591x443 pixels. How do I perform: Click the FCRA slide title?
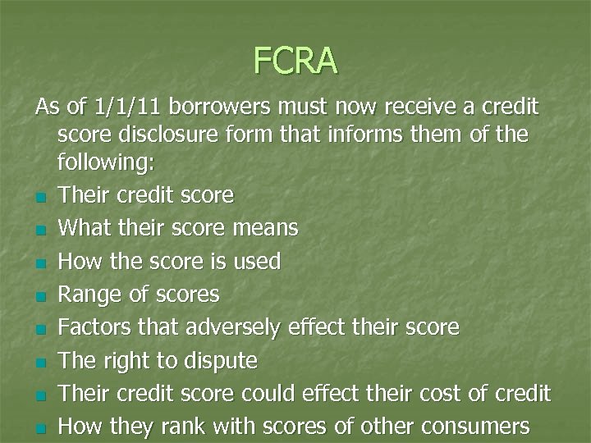click(x=295, y=60)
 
